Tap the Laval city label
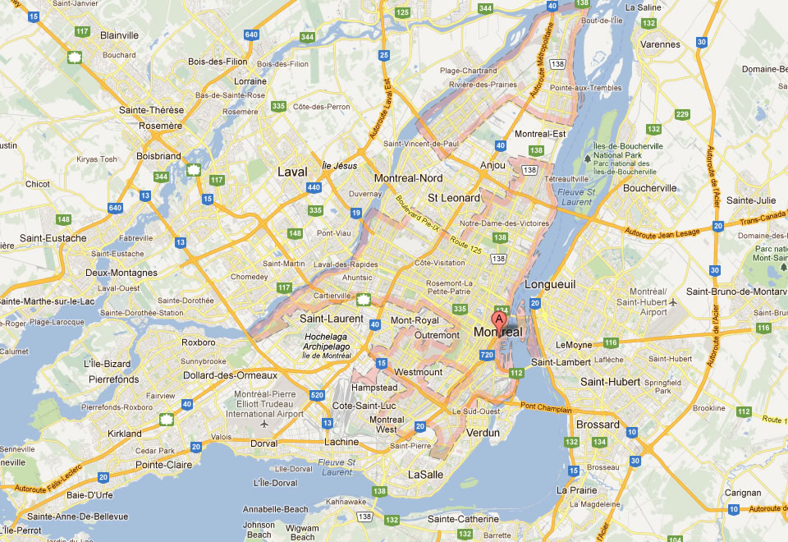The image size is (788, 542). [292, 172]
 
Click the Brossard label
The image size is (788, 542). [598, 425]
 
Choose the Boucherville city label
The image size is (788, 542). [649, 188]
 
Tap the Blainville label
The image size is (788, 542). [119, 35]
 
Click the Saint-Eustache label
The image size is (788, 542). [53, 238]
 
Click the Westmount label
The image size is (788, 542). [419, 372]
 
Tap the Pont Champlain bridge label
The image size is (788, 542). [544, 406]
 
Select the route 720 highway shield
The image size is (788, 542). [488, 355]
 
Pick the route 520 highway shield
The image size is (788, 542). [317, 397]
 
